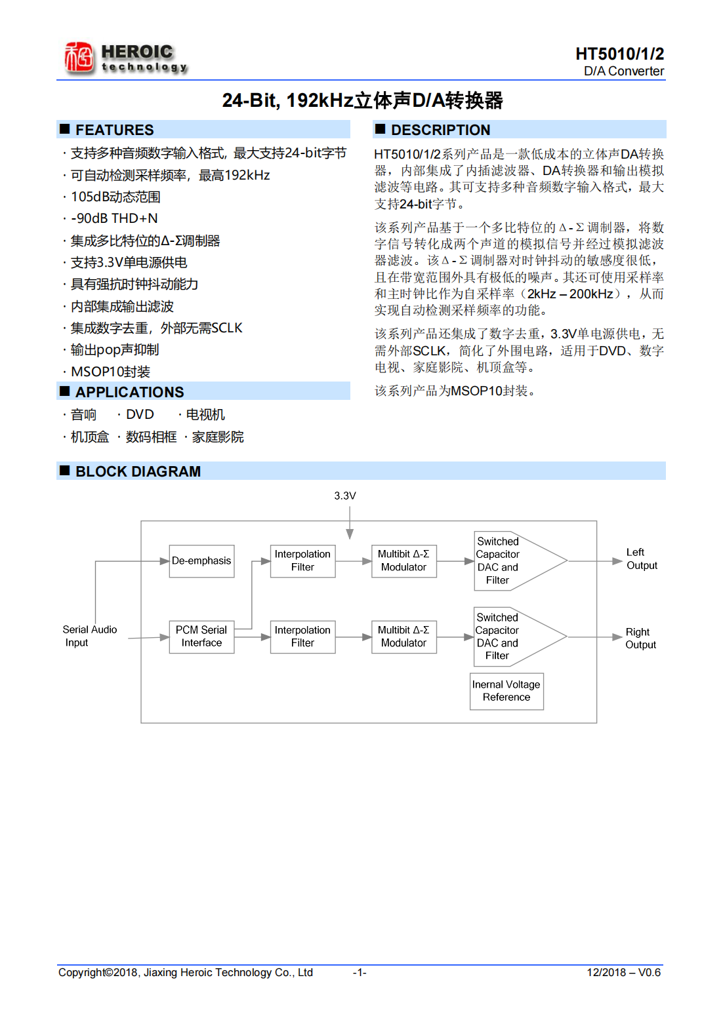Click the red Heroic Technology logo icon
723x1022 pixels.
pyautogui.click(x=79, y=57)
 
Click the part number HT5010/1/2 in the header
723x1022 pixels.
pyautogui.click(x=619, y=54)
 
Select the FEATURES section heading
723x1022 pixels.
pyautogui.click(x=114, y=130)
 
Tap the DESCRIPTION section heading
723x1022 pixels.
pyautogui.click(x=440, y=130)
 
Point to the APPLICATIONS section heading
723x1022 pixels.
pyautogui.click(x=129, y=392)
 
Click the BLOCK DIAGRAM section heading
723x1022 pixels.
pyautogui.click(x=138, y=471)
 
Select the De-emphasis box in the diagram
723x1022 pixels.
pyautogui.click(x=201, y=561)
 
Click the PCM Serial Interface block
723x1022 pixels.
pyautogui.click(x=201, y=637)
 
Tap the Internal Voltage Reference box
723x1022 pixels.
pyautogui.click(x=506, y=691)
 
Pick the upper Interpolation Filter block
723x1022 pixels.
pyautogui.click(x=302, y=561)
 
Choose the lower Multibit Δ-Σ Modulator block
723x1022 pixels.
pyautogui.click(x=403, y=637)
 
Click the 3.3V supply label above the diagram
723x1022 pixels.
pyautogui.click(x=345, y=496)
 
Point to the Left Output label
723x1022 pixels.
pyautogui.click(x=641, y=559)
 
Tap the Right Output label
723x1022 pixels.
pyautogui.click(x=640, y=639)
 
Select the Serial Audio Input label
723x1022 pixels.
pyautogui.click(x=89, y=636)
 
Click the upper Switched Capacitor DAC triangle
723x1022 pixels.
pyautogui.click(x=512, y=561)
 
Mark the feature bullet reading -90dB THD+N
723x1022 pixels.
pyautogui.click(x=114, y=218)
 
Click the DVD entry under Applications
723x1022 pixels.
pyautogui.click(x=140, y=415)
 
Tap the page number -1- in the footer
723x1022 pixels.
pyautogui.click(x=360, y=973)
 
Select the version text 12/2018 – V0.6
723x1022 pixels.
pyautogui.click(x=623, y=973)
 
